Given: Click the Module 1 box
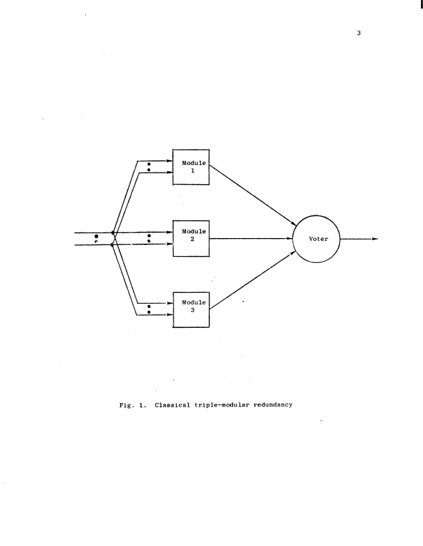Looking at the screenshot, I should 190,166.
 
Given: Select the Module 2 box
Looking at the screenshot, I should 190,238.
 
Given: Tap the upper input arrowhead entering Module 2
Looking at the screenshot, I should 168,233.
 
